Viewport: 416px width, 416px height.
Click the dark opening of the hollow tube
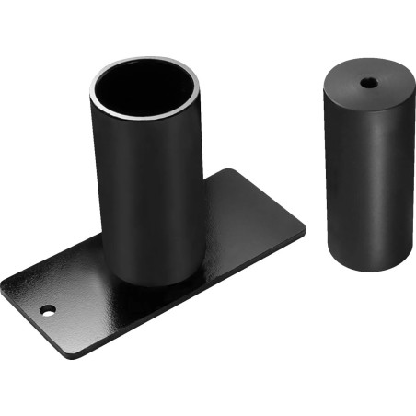(x=144, y=93)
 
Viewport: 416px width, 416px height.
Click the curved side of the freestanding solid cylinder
(x=363, y=175)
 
